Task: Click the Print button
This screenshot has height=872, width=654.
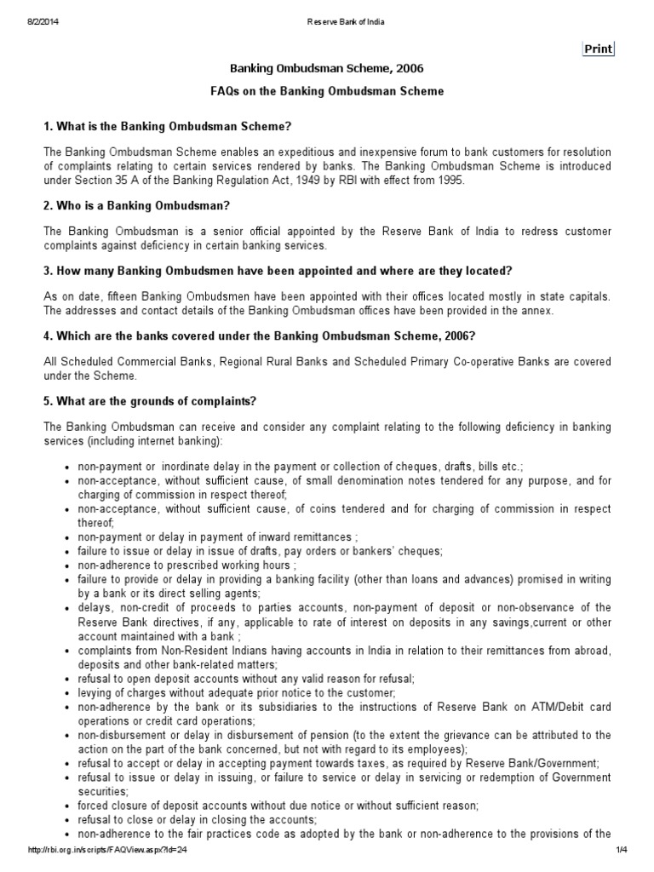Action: tap(598, 49)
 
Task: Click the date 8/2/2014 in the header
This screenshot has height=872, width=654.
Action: tap(44, 21)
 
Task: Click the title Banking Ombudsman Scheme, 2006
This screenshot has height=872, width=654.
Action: tap(328, 68)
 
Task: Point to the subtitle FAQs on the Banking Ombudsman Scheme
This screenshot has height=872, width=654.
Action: tap(328, 90)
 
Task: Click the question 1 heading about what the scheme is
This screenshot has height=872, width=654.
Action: tap(168, 127)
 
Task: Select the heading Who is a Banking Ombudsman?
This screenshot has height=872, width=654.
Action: tap(137, 206)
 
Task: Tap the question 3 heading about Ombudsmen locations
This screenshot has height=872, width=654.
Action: tap(277, 272)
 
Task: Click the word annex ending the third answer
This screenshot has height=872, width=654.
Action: tap(537, 311)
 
